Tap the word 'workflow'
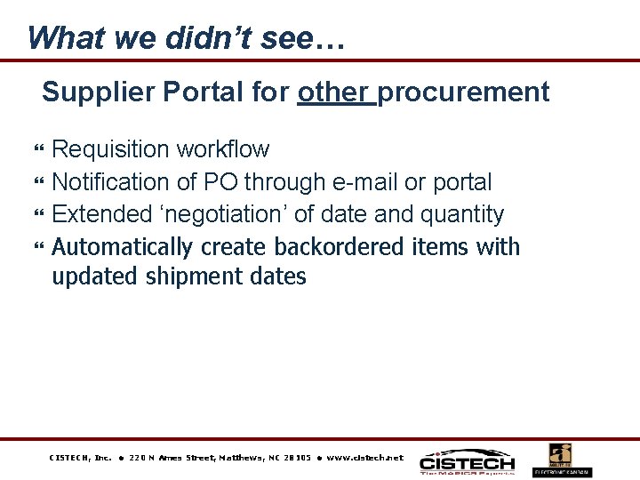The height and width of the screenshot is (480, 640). tap(228, 149)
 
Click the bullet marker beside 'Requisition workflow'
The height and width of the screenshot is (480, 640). tap(38, 150)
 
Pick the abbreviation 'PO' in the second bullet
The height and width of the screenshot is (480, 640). tap(220, 182)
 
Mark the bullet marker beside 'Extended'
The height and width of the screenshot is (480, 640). tap(38, 215)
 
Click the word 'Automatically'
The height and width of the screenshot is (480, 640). tap(123, 246)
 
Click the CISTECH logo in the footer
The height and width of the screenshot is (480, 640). tap(467, 461)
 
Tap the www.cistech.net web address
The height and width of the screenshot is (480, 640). tap(364, 458)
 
